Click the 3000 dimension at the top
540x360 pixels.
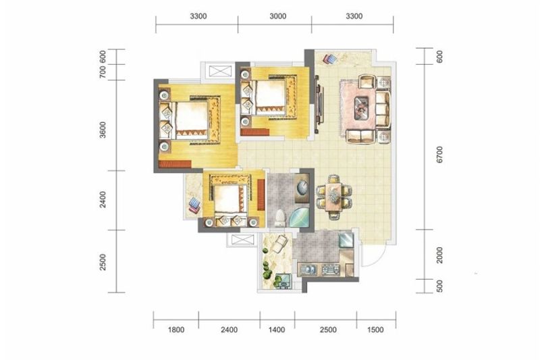277,16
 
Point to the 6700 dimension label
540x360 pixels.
439,155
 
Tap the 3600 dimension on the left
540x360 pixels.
103,130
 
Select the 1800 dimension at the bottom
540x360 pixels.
176,330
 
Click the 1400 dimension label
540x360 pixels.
277,330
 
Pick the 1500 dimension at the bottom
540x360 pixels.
375,330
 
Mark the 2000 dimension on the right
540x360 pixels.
439,255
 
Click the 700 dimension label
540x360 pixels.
103,72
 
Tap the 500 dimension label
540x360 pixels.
439,286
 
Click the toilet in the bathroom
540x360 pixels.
280,218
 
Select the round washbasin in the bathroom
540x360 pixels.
303,188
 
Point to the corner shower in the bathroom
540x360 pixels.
299,216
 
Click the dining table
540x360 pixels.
333,197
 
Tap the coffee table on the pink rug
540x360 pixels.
362,108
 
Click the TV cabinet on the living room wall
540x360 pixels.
319,105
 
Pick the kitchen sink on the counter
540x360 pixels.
308,269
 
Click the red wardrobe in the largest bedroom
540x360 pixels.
175,163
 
